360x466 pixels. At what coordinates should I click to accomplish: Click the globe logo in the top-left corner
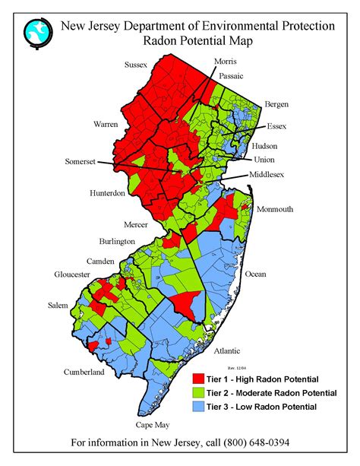pos(36,33)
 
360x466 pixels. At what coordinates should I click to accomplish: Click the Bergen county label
pos(276,104)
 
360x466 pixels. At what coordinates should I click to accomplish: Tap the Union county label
pos(265,160)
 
